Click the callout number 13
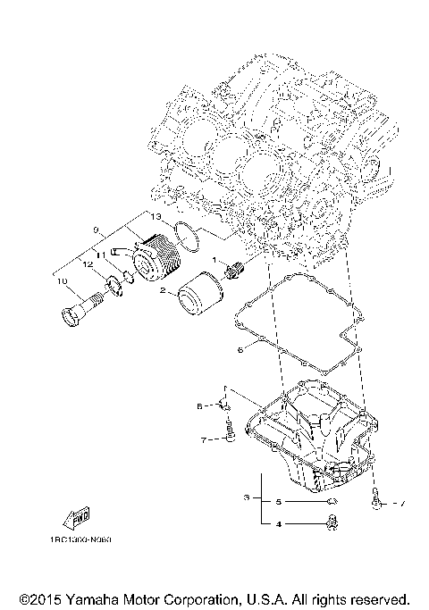[155, 217]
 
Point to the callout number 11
[101, 255]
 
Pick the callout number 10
[62, 282]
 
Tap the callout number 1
[214, 260]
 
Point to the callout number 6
[240, 351]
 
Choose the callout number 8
[200, 405]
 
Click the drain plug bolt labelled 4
[333, 524]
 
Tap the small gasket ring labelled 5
[332, 503]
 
